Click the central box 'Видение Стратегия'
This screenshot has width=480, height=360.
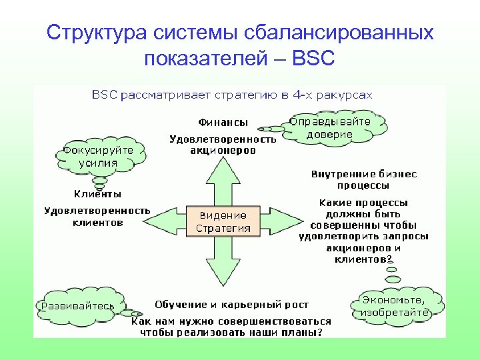[x=223, y=221]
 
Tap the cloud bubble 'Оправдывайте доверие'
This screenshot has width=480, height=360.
[x=338, y=128]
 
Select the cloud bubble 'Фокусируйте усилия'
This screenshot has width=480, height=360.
[x=97, y=156]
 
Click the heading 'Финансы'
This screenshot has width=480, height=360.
[x=223, y=123]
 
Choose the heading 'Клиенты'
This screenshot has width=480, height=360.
[x=97, y=194]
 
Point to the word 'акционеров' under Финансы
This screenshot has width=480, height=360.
[x=223, y=151]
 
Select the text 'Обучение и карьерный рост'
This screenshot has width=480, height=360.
[x=231, y=305]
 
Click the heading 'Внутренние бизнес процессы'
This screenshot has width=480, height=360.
[x=364, y=179]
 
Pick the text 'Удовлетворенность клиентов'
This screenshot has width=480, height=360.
[x=97, y=217]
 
